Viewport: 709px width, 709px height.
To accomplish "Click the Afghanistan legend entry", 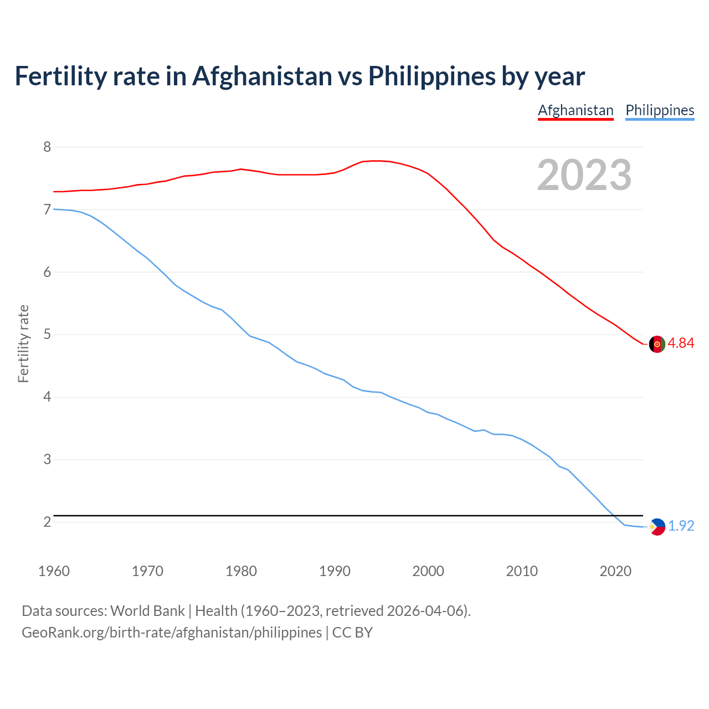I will pyautogui.click(x=576, y=110).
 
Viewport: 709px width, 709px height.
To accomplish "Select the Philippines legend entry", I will pyautogui.click(x=660, y=110).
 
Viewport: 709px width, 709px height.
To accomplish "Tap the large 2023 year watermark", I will pyautogui.click(x=584, y=175).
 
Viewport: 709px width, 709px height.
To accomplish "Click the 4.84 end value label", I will pyautogui.click(x=681, y=343).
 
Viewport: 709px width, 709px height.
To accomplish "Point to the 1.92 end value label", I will pyautogui.click(x=681, y=526).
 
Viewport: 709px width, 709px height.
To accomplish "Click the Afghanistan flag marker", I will pyautogui.click(x=657, y=344).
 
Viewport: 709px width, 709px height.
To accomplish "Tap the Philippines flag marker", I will pyautogui.click(x=657, y=527).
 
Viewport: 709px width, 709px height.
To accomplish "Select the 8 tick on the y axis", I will pyautogui.click(x=47, y=147).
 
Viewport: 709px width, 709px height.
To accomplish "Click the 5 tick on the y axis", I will pyautogui.click(x=47, y=335).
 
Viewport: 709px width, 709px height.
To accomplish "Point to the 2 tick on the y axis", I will pyautogui.click(x=47, y=522).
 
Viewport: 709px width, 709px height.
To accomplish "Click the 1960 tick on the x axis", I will pyautogui.click(x=54, y=571).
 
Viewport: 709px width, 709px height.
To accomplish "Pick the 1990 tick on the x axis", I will pyautogui.click(x=335, y=571).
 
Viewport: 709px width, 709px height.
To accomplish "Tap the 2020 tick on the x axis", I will pyautogui.click(x=615, y=571).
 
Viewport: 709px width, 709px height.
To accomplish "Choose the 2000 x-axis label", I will pyautogui.click(x=428, y=571).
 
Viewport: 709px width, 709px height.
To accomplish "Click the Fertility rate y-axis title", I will pyautogui.click(x=23, y=343).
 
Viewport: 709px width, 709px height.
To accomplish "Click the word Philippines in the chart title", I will pyautogui.click(x=431, y=76).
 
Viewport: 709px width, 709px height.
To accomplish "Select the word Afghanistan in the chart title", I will pyautogui.click(x=262, y=76).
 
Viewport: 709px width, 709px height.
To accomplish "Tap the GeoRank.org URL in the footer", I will pyautogui.click(x=172, y=633).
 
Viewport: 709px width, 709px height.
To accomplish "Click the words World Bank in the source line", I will pyautogui.click(x=147, y=611).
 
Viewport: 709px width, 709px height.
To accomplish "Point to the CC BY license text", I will pyautogui.click(x=352, y=633).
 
